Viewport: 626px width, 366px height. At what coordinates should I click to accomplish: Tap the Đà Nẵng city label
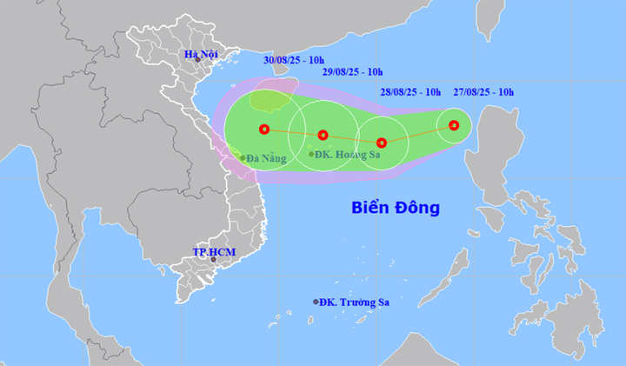pos(265,158)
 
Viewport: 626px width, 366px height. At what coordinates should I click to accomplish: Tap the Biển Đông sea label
pos(396,208)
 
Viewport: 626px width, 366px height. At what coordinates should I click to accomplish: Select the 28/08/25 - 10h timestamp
pos(410,91)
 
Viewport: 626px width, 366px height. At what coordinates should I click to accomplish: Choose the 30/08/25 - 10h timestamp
pos(296,59)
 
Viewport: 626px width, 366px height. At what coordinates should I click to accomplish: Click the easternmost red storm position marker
pos(454,125)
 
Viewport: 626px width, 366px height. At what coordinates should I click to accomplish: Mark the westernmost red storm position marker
pos(264,130)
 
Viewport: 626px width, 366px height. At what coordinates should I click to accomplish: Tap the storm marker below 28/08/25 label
pos(381,143)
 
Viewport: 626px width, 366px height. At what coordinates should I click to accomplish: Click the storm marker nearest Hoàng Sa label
pos(323,135)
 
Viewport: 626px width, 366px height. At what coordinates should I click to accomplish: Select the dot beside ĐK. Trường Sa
pos(316,302)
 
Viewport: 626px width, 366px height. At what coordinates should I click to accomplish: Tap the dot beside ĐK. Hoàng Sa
pos(311,154)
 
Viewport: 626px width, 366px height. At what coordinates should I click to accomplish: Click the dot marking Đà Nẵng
pos(242,158)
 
